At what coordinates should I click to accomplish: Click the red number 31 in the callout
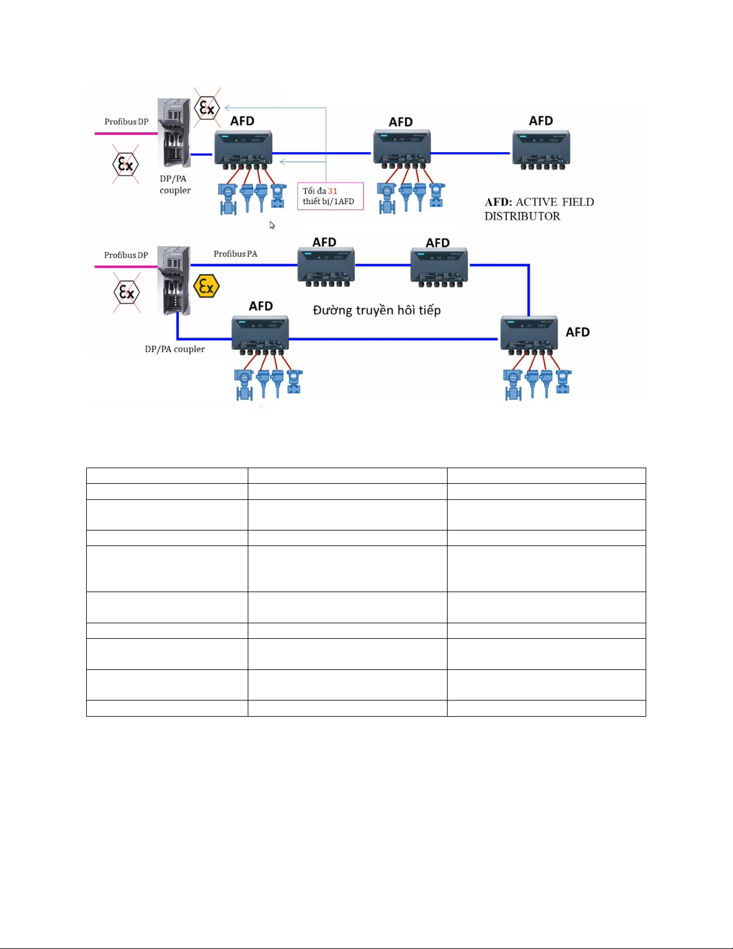point(333,191)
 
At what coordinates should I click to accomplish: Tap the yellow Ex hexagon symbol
point(206,286)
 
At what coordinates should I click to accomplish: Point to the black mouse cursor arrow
point(272,225)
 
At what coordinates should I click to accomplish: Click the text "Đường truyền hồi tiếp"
point(376,310)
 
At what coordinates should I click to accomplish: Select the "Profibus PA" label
point(235,254)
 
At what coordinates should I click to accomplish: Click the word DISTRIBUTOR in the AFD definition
point(522,216)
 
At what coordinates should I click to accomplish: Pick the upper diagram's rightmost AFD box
point(541,148)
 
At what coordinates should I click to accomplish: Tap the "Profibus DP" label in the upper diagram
point(126,122)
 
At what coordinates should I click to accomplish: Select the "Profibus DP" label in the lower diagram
point(126,255)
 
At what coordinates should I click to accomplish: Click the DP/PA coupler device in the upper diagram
point(174,133)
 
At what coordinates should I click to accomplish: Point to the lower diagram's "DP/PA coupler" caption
point(175,349)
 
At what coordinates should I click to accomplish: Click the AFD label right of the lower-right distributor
point(577,332)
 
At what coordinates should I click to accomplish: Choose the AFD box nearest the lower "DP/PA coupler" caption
point(260,333)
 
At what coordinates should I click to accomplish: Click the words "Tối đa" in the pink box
point(314,191)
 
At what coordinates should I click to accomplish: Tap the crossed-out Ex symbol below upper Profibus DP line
point(126,164)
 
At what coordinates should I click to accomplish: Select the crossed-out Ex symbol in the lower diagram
point(127,292)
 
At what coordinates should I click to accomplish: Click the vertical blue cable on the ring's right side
point(528,290)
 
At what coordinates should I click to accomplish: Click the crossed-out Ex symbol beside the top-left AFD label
point(207,108)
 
